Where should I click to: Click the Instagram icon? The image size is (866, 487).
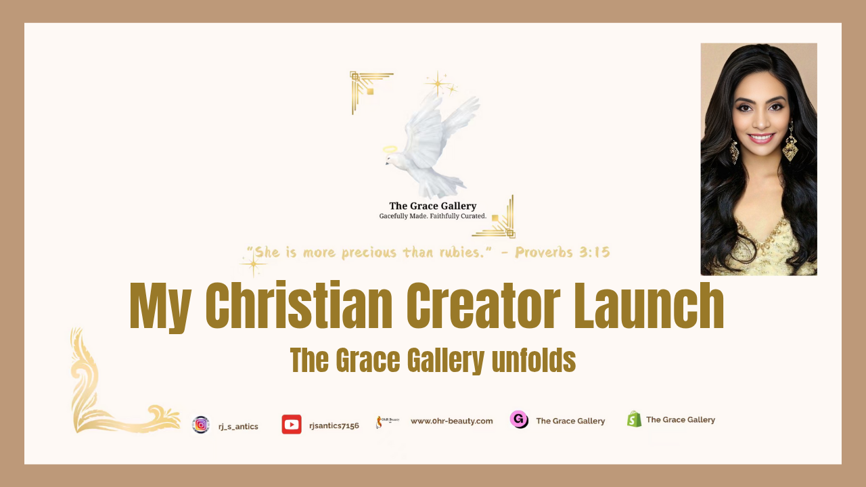(x=201, y=425)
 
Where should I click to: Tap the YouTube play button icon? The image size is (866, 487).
(x=292, y=424)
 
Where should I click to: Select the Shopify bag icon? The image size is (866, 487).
(x=634, y=419)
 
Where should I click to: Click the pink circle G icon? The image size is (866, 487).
(x=519, y=419)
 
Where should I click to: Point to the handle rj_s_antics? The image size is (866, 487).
(x=238, y=427)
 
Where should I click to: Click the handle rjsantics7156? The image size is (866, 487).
(x=334, y=425)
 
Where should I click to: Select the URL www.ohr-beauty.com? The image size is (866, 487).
(x=451, y=421)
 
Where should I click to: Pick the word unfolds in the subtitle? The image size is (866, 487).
(x=534, y=361)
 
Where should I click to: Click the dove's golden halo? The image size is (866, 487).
(x=390, y=149)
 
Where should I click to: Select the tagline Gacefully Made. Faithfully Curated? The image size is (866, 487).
(x=432, y=216)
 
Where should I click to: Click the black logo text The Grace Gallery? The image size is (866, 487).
(x=432, y=206)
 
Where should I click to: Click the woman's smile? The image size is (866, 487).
(x=761, y=137)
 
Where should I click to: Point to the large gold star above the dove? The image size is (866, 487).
(x=438, y=83)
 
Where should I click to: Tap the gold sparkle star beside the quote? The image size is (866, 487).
(x=253, y=264)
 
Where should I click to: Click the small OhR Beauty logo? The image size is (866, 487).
(x=387, y=421)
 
